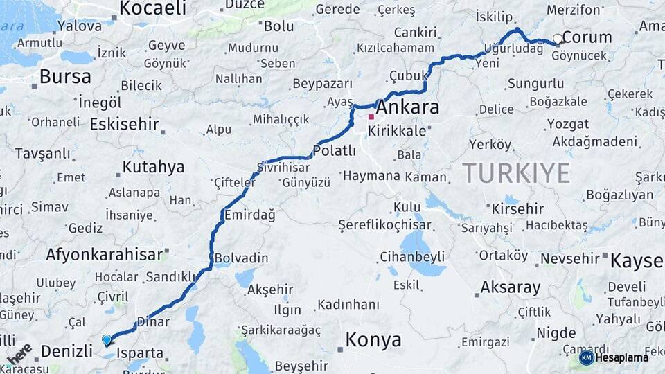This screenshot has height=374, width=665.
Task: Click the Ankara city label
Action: click(x=407, y=108)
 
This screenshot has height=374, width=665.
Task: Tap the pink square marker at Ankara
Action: click(x=371, y=116)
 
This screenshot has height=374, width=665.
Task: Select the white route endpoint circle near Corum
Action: click(x=558, y=39)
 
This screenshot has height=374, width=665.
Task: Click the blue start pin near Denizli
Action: click(x=106, y=340)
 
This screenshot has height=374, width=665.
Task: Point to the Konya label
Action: click(x=373, y=340)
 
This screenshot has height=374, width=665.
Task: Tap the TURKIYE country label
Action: click(x=516, y=172)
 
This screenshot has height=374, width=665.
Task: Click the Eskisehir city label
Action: click(x=124, y=125)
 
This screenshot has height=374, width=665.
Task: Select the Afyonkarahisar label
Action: click(x=104, y=255)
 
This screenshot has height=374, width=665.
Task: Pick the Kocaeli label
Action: click(x=153, y=8)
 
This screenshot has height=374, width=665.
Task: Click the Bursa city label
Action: click(x=65, y=76)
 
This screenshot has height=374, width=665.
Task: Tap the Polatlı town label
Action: click(x=335, y=150)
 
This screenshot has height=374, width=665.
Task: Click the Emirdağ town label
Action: click(x=249, y=215)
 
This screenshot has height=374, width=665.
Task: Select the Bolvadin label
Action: click(x=241, y=258)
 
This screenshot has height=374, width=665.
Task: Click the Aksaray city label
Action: click(x=511, y=287)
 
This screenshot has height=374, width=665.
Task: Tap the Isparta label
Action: click(x=140, y=353)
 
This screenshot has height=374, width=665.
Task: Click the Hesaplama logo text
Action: click(x=621, y=357)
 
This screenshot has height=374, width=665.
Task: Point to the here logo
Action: click(x=19, y=353)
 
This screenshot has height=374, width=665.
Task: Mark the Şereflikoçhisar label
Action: click(x=384, y=225)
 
